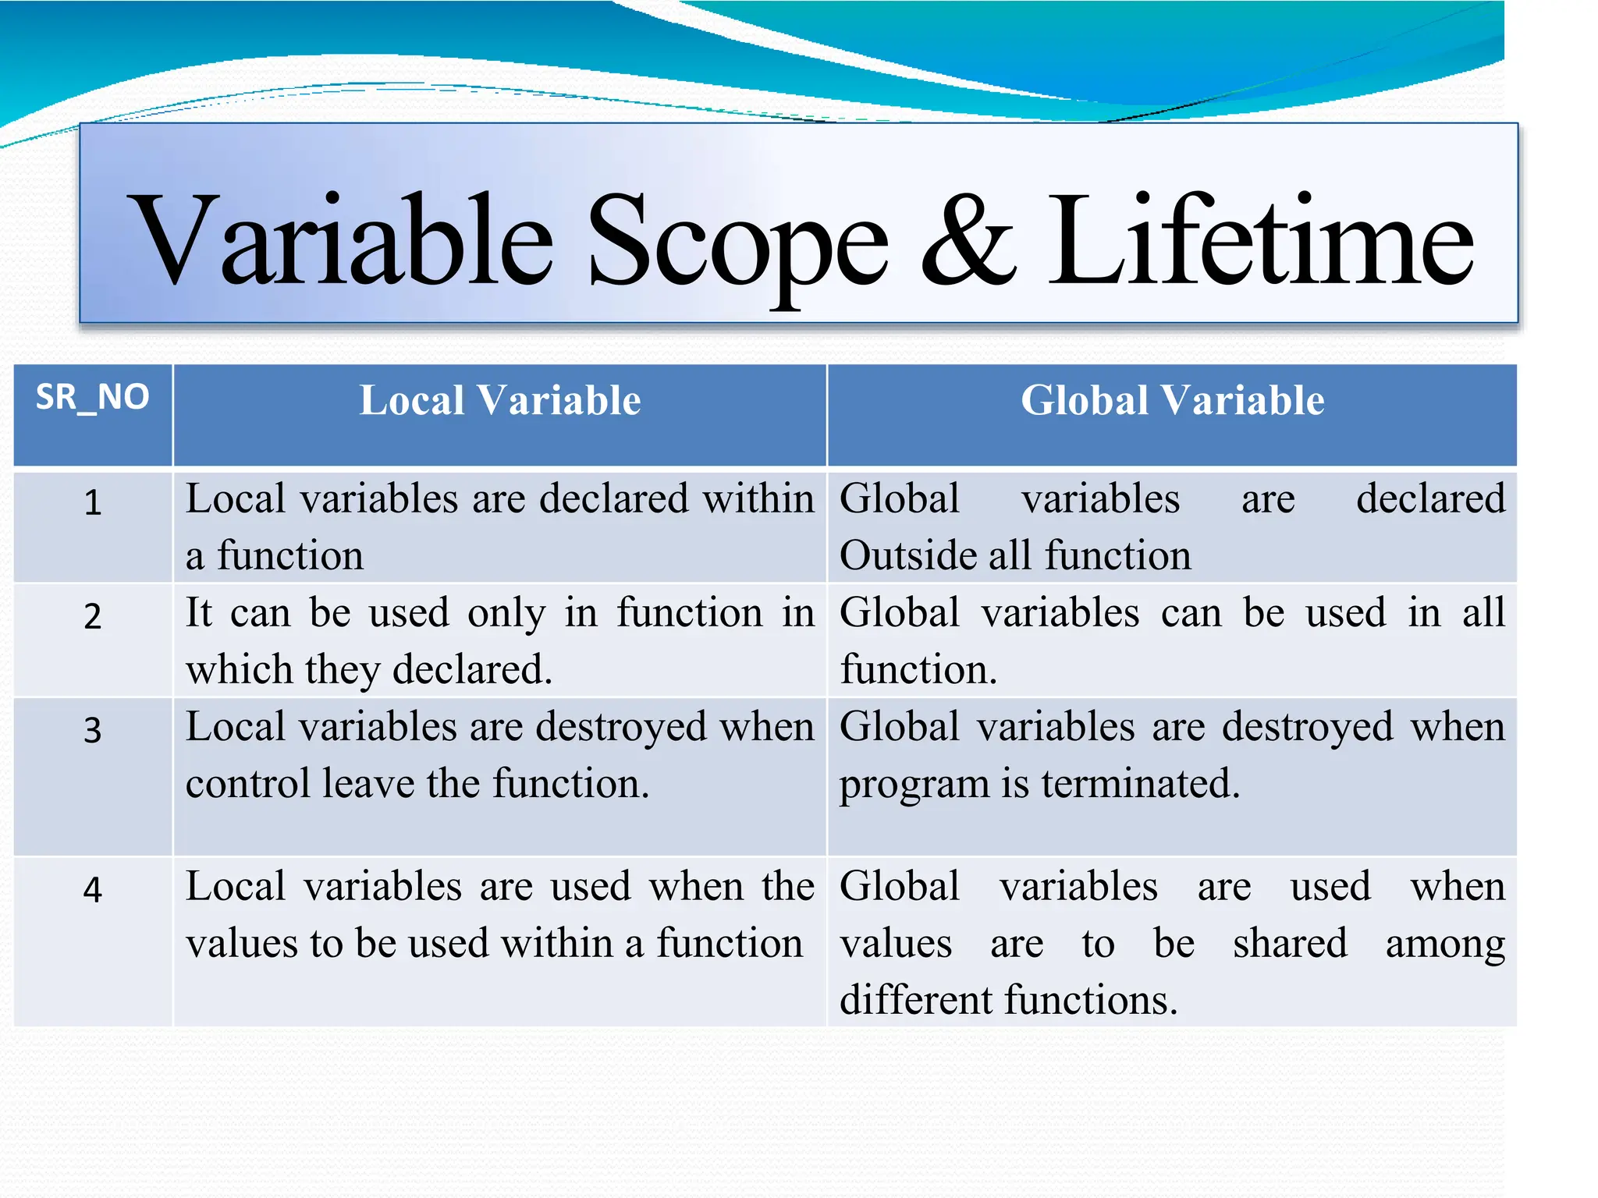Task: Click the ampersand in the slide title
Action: click(968, 242)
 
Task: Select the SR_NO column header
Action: click(92, 398)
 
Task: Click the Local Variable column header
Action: click(499, 401)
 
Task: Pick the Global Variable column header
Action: click(1172, 401)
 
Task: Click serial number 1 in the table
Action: click(93, 502)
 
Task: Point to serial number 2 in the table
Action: click(93, 616)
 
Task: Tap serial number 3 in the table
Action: click(93, 731)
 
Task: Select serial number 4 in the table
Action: click(93, 890)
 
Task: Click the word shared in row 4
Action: click(1290, 944)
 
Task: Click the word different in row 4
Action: click(916, 1001)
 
